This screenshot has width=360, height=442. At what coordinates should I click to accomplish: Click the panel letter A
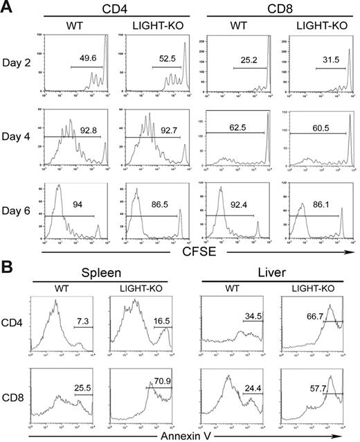coord(8,8)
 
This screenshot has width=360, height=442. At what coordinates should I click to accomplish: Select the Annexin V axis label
coord(179,435)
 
